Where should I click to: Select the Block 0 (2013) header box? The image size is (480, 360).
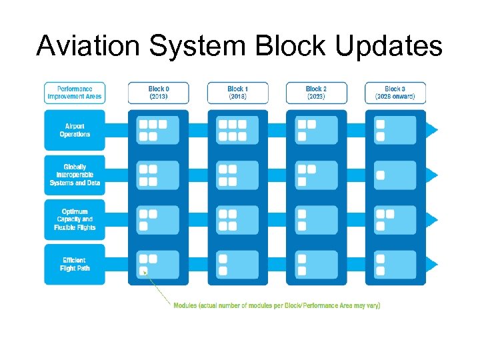click(158, 93)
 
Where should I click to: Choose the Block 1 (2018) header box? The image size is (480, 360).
click(237, 93)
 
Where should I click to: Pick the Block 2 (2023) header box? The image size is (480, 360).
click(316, 93)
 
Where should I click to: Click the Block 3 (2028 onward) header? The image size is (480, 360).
click(395, 93)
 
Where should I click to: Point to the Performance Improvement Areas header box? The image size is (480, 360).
click(75, 93)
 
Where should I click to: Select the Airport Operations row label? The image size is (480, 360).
click(75, 130)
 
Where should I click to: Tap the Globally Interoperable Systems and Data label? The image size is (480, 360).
click(75, 175)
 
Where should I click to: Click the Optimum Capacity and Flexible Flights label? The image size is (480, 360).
click(75, 219)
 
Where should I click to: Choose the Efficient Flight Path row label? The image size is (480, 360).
click(75, 264)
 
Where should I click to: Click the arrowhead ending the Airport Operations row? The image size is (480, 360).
click(432, 130)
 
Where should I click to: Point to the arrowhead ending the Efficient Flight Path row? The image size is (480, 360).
click(432, 265)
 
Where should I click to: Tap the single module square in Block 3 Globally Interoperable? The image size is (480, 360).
click(380, 175)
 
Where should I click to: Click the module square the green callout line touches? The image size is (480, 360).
click(143, 271)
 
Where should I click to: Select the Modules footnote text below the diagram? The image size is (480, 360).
click(277, 305)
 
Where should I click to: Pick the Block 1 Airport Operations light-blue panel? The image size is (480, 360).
click(237, 130)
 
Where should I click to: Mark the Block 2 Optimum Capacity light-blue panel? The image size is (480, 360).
click(316, 220)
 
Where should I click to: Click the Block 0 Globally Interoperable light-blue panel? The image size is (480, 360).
click(158, 175)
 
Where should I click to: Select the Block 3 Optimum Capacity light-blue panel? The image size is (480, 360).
click(395, 220)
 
